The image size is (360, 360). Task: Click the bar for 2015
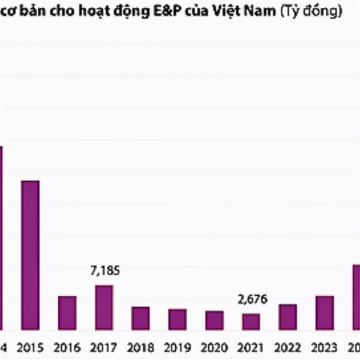click(30, 255)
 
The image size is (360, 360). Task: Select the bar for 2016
click(67, 313)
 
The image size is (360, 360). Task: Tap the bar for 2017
click(104, 307)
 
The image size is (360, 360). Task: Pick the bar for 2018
click(140, 318)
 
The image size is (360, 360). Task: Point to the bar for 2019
click(177, 319)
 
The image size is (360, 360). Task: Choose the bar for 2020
click(214, 320)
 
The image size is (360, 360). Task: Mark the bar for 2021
click(251, 322)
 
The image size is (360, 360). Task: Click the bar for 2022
click(287, 317)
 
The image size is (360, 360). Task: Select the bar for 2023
click(325, 313)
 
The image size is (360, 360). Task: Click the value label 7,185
click(104, 271)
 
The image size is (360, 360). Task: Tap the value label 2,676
click(251, 299)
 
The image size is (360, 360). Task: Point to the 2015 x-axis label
click(30, 347)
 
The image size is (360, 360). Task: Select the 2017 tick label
click(104, 347)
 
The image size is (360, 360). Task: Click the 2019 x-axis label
click(177, 347)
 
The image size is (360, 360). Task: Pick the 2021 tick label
click(251, 347)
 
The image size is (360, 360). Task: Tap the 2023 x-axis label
click(325, 347)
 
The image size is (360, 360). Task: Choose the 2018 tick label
click(140, 347)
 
